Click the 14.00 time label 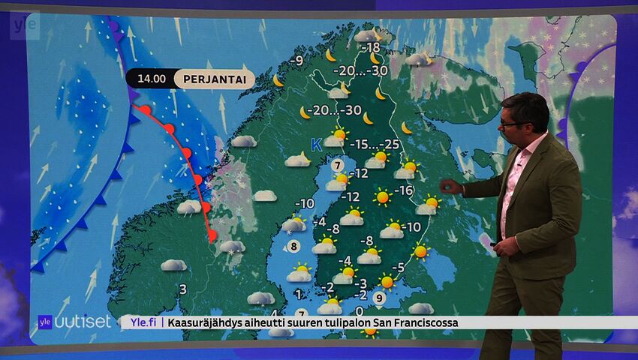tap(151, 79)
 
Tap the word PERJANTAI tap(214, 79)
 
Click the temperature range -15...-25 tap(378, 144)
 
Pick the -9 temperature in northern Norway tap(298, 60)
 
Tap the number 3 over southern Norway tap(182, 289)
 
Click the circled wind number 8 tap(294, 246)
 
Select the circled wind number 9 tap(380, 298)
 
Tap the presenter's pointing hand tap(450, 187)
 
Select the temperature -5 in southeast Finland tap(399, 267)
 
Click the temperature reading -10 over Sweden tap(304, 203)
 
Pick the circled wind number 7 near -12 tap(338, 165)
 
